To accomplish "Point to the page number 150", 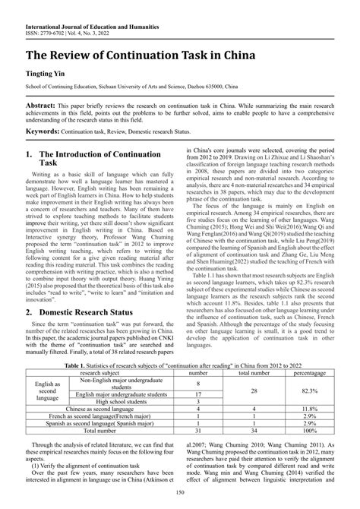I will pyautogui.click(x=179, y=495).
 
